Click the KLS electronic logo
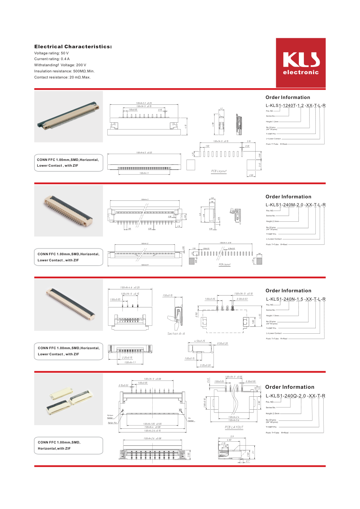click(x=301, y=63)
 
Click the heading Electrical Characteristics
click(x=73, y=47)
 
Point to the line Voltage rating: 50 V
click(x=51, y=53)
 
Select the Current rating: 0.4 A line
click(x=52, y=59)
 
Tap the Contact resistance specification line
click(x=62, y=77)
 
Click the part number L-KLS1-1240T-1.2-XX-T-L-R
click(x=296, y=105)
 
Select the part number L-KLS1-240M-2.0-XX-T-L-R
click(x=296, y=205)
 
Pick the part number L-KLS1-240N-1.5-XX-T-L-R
click(x=296, y=299)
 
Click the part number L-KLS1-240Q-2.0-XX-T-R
click(x=295, y=396)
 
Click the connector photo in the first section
click(x=68, y=116)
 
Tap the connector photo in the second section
click(x=68, y=211)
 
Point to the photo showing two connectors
click(x=68, y=399)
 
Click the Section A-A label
click(x=176, y=334)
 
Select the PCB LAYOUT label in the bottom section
click(x=234, y=427)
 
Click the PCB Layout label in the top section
click(x=219, y=171)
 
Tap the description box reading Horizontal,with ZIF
click(x=68, y=446)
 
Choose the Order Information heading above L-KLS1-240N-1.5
click(x=288, y=291)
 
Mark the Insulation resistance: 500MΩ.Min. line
click(x=64, y=71)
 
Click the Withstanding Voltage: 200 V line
click(x=60, y=65)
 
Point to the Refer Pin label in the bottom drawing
click(x=112, y=423)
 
